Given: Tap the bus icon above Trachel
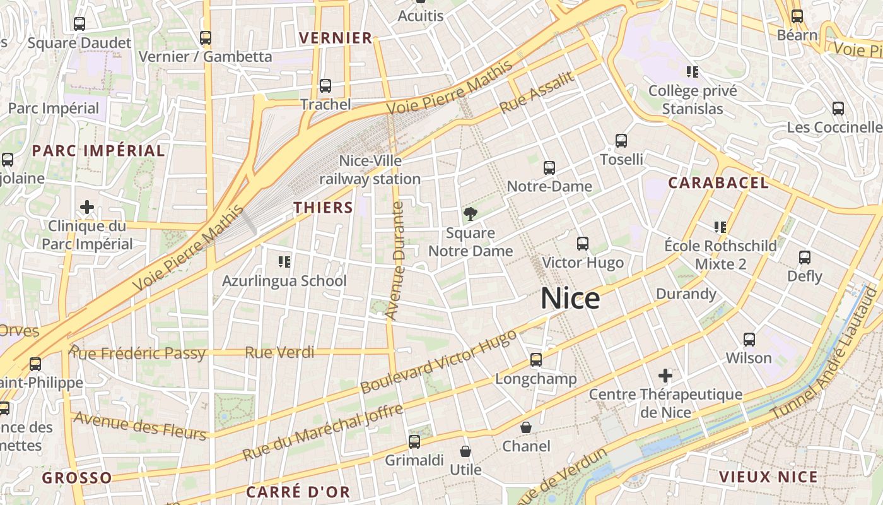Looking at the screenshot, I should tap(325, 86).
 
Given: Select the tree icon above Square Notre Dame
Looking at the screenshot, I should tap(470, 214).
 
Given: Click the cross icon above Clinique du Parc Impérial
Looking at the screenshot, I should tap(87, 207).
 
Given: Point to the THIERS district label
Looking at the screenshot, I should tap(323, 207).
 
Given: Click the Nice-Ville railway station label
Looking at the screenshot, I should tap(370, 170).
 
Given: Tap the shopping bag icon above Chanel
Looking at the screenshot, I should tap(526, 427).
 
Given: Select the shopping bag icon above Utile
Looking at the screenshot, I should tap(465, 451).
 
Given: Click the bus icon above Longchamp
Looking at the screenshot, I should tap(536, 360).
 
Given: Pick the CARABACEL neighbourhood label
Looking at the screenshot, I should tap(718, 183).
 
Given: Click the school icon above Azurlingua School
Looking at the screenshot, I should tap(284, 261).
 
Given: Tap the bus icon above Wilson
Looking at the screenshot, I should tap(749, 340).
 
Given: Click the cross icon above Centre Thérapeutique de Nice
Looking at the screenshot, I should tap(665, 376).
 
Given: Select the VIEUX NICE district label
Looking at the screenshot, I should tap(768, 477).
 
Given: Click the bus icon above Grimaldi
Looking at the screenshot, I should tap(414, 442).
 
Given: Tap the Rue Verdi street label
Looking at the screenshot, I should tap(279, 352).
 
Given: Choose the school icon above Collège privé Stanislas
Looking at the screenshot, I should tap(693, 72).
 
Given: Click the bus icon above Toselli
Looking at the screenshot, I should tap(621, 141).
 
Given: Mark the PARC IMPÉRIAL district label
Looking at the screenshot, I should tap(98, 150).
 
